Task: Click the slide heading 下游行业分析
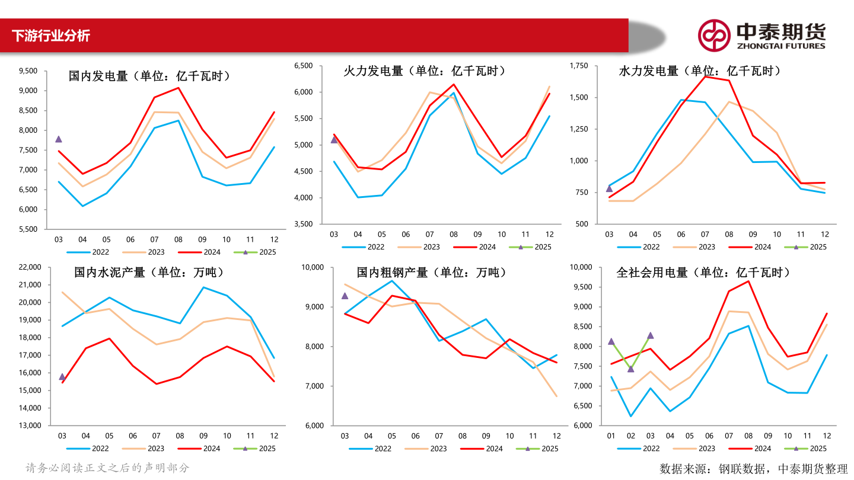(x=51, y=36)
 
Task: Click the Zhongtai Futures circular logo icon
(x=713, y=36)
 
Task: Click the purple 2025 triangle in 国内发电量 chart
(x=58, y=139)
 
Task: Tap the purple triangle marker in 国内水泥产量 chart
(x=62, y=377)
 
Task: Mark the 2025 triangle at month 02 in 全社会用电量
(x=630, y=369)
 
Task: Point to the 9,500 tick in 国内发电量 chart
(x=28, y=71)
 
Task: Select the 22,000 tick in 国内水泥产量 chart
(x=30, y=267)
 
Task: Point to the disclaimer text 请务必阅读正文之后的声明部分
(x=107, y=468)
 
